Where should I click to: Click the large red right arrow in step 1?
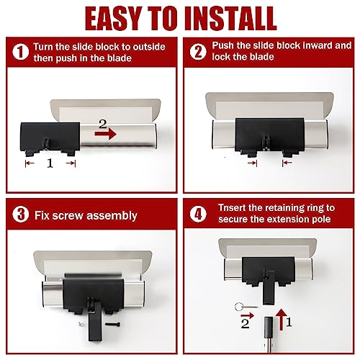106,132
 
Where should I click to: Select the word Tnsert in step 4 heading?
230,208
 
